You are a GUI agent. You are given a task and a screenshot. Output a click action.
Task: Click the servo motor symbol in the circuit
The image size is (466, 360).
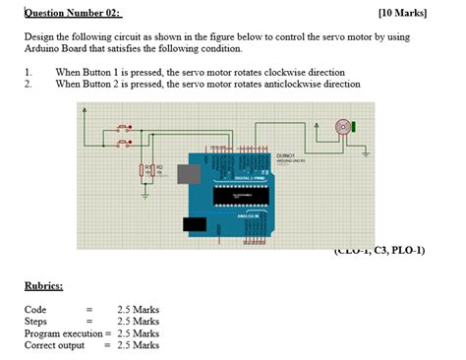pyautogui.click(x=342, y=127)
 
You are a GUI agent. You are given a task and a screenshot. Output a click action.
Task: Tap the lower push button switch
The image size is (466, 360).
pyautogui.click(x=122, y=144)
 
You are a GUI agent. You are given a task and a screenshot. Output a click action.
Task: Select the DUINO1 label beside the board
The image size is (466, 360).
pyautogui.click(x=286, y=155)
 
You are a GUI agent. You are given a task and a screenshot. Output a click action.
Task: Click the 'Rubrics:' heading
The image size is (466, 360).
pyautogui.click(x=43, y=286)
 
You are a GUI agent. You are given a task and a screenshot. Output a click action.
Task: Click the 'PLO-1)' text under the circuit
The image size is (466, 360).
pyautogui.click(x=405, y=250)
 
